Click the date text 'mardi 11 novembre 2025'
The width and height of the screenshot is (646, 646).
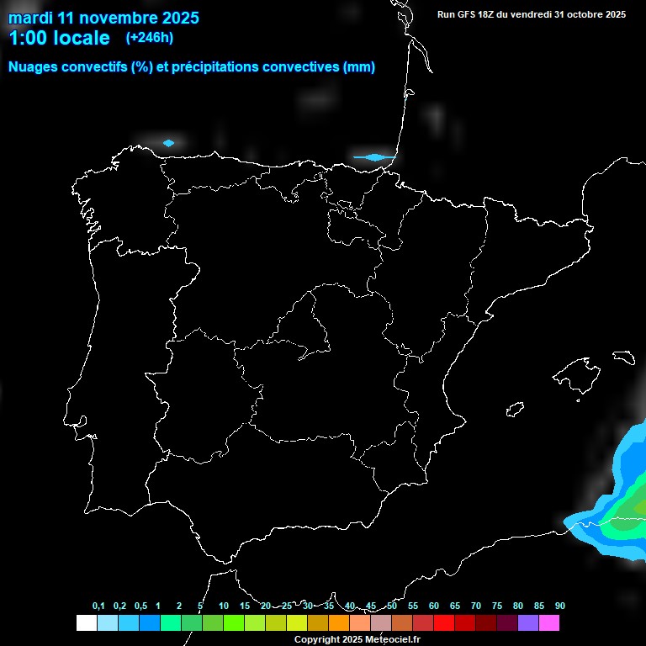103,17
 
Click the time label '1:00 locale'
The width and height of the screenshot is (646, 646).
59,38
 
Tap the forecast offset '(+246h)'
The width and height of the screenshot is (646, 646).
149,38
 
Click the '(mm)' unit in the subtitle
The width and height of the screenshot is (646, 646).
359,67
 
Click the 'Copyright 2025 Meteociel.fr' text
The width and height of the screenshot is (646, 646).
357,639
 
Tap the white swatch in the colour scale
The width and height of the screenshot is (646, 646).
86,622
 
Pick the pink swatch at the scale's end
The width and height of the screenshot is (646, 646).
548,622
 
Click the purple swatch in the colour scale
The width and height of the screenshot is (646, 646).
527,622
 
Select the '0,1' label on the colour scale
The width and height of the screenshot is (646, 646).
98,606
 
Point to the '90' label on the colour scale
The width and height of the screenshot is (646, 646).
559,606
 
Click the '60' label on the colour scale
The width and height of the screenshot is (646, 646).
433,606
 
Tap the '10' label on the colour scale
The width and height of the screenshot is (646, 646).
223,606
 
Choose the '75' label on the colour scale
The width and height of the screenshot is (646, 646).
496,606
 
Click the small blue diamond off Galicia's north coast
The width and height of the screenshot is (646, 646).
168,143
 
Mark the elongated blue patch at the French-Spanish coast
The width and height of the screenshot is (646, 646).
373,156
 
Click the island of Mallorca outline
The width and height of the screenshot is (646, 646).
575,370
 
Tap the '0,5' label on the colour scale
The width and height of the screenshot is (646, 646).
140,606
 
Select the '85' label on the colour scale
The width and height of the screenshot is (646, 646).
538,606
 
